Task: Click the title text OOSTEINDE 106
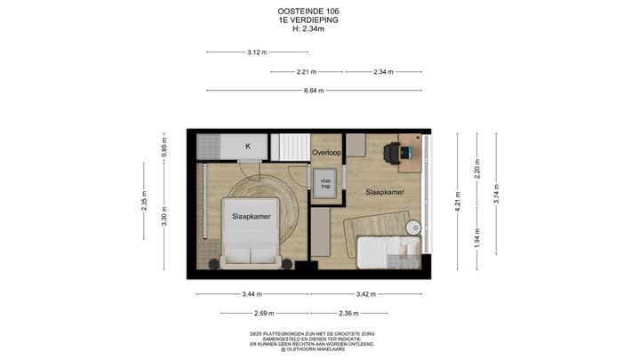[x=308, y=12]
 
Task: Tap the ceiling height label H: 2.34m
[x=308, y=28]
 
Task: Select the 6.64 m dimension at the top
[x=313, y=90]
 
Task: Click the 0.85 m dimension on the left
[x=164, y=147]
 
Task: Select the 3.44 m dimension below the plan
[x=252, y=293]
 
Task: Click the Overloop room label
[x=326, y=153]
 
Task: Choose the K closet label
[x=248, y=146]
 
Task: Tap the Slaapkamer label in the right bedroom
[x=384, y=192]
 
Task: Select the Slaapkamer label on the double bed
[x=252, y=216]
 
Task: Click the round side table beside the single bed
[x=412, y=228]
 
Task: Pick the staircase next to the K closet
[x=292, y=147]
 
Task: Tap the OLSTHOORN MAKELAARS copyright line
[x=312, y=348]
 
